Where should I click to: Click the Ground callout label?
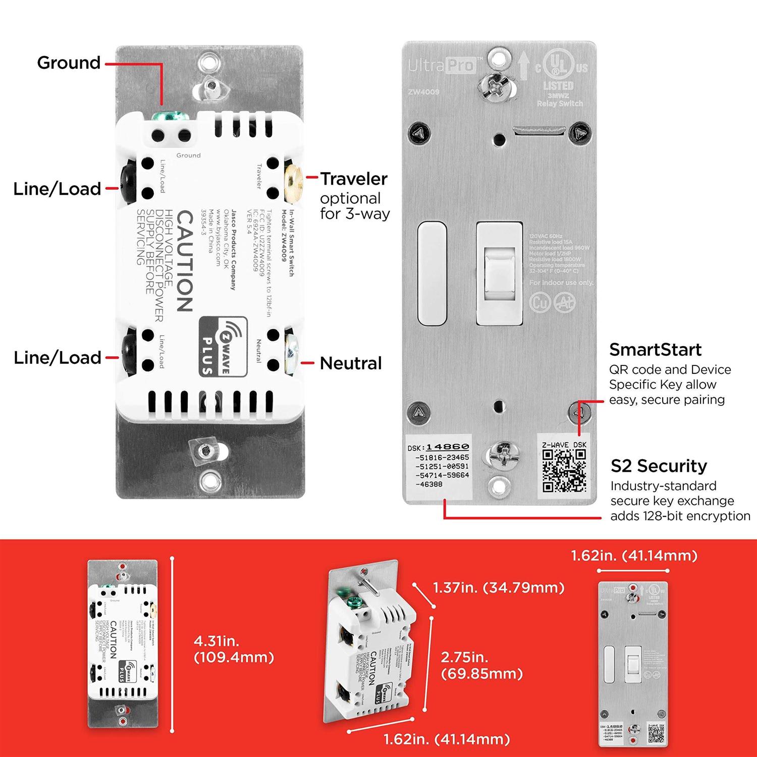click(x=69, y=63)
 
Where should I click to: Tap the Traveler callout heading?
click(x=354, y=179)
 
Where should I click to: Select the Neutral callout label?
click(x=351, y=363)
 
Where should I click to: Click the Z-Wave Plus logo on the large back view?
click(x=223, y=346)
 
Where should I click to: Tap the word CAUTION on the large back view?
click(x=184, y=261)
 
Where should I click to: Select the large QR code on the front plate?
click(x=564, y=470)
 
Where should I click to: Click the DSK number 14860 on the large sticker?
click(x=447, y=447)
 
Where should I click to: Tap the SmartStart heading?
click(x=655, y=350)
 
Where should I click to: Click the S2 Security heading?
click(x=659, y=466)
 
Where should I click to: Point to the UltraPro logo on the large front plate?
click(x=442, y=65)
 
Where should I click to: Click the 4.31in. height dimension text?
click(x=217, y=641)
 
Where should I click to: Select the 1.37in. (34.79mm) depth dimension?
click(x=498, y=587)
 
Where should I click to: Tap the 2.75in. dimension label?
click(x=464, y=657)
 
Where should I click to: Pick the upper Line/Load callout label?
click(x=57, y=189)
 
